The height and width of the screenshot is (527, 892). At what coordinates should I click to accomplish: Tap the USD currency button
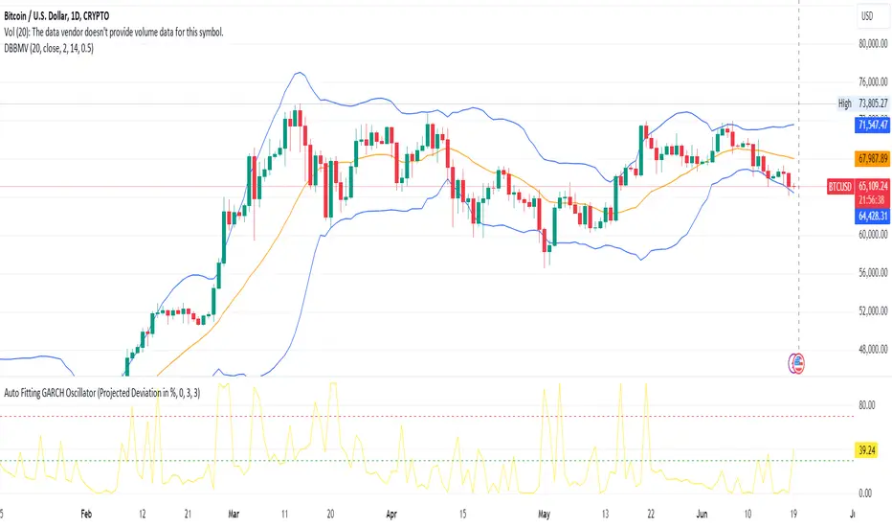coord(866,16)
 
